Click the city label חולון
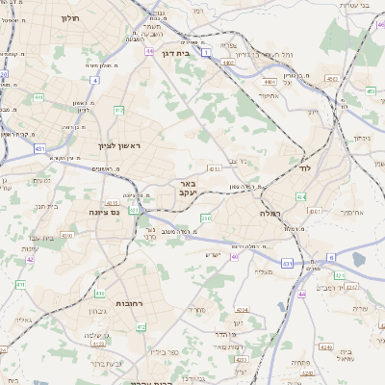[x=70, y=18]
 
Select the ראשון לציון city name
[x=119, y=145]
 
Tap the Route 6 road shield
[x=330, y=257]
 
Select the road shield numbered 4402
[x=228, y=63]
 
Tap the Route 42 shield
[x=30, y=259]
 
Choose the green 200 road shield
[x=204, y=218]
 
